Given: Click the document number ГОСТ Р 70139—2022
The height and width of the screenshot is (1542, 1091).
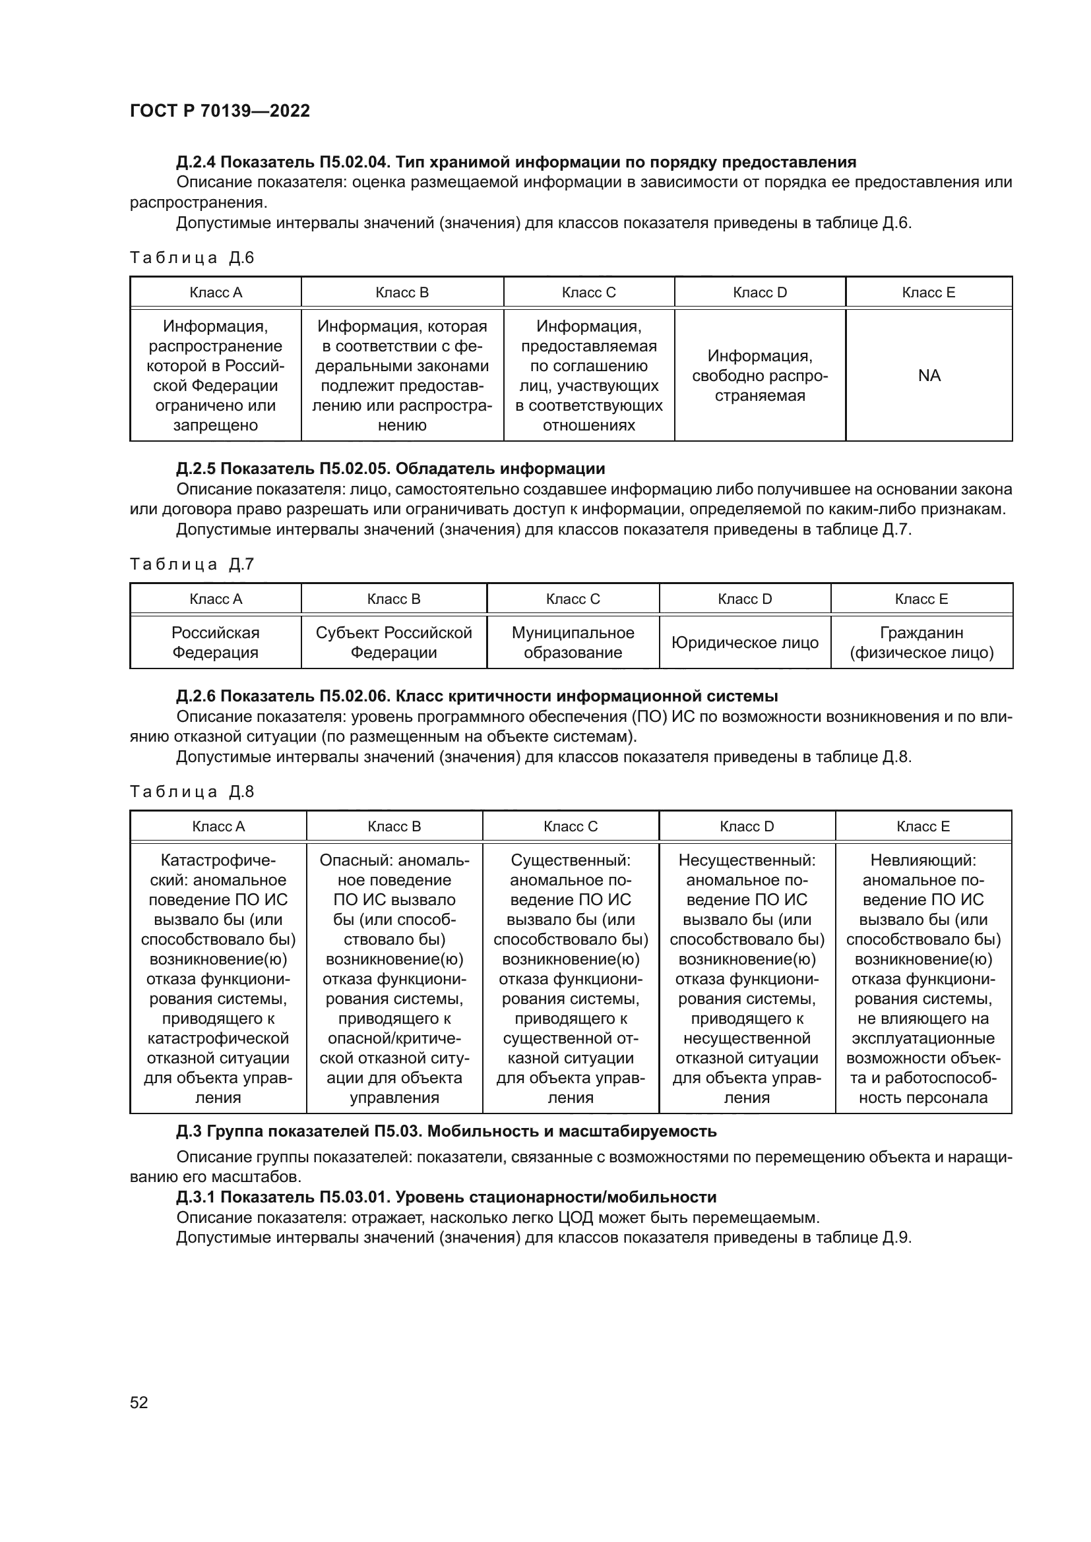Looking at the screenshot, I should pos(220,111).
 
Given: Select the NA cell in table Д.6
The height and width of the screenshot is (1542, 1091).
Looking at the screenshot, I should pos(929,375).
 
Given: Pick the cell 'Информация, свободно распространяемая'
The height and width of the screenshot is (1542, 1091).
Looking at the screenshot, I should pos(759,375).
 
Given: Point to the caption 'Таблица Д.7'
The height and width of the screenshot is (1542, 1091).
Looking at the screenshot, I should pos(191,565).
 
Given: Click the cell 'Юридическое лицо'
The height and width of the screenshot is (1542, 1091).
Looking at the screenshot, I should pos(744,643).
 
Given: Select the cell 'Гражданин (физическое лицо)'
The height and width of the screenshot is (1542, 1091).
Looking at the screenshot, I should pos(921,643).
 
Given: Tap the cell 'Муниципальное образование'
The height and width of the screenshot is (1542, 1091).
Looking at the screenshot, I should pos(573,643).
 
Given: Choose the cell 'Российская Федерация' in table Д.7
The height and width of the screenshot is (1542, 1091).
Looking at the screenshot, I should pos(215,643).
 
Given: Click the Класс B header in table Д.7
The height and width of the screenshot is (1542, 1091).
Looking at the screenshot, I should pos(394,599).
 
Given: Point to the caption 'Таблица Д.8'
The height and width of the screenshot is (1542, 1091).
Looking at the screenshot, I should pos(191,792).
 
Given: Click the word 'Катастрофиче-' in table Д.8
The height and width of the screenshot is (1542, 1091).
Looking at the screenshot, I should pos(218,860).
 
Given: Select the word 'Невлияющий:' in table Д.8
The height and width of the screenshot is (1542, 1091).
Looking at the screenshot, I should pos(923,860).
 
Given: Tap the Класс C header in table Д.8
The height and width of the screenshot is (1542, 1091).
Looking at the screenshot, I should pos(571,827).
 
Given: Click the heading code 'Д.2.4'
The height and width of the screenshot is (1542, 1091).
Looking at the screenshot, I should pos(195,162).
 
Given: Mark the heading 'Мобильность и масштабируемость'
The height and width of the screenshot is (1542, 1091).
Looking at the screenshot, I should pos(572,1132).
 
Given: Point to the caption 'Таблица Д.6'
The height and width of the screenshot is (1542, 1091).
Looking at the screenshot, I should pos(191,258).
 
